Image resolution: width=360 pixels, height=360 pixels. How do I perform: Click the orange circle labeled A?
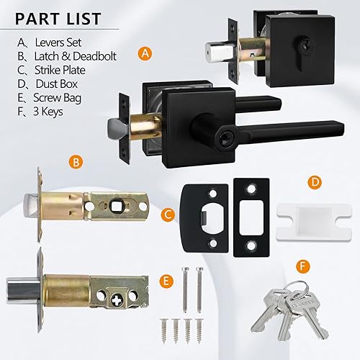(x=147, y=54)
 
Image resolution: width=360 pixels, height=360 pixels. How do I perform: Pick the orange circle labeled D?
(x=314, y=183)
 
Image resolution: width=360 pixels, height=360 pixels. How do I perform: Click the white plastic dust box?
(x=305, y=215)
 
